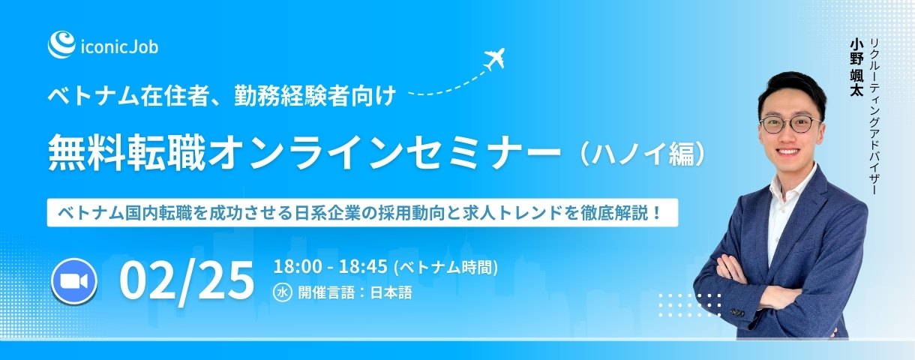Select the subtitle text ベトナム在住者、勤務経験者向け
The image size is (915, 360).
point(221,97)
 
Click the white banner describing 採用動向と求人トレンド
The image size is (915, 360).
point(362,212)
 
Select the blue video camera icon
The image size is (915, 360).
point(73,280)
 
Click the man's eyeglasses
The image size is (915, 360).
point(788,124)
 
